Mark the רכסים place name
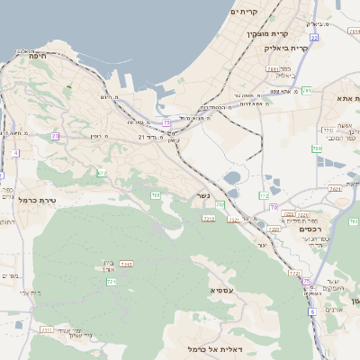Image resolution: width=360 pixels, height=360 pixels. [x=310, y=229]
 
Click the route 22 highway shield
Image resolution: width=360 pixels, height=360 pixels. [x=314, y=39]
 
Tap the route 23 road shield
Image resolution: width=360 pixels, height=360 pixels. [x=55, y=136]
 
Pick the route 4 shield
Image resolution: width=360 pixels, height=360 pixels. [x=15, y=153]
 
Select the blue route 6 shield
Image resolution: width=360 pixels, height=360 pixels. [x=311, y=313]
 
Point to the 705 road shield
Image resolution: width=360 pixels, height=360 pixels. [x=156, y=194]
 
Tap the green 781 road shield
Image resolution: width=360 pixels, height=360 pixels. [x=307, y=90]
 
